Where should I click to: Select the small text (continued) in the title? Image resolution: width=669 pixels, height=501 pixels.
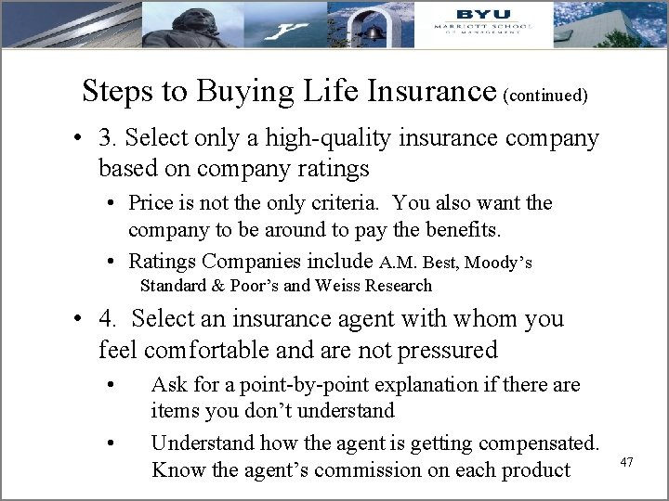(544, 95)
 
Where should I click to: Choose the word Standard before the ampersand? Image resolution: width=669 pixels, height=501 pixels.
(171, 286)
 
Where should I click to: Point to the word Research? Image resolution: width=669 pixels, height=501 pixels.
(399, 286)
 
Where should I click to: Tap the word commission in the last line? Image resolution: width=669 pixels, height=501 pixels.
(360, 469)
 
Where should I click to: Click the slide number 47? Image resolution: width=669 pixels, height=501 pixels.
(627, 461)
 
